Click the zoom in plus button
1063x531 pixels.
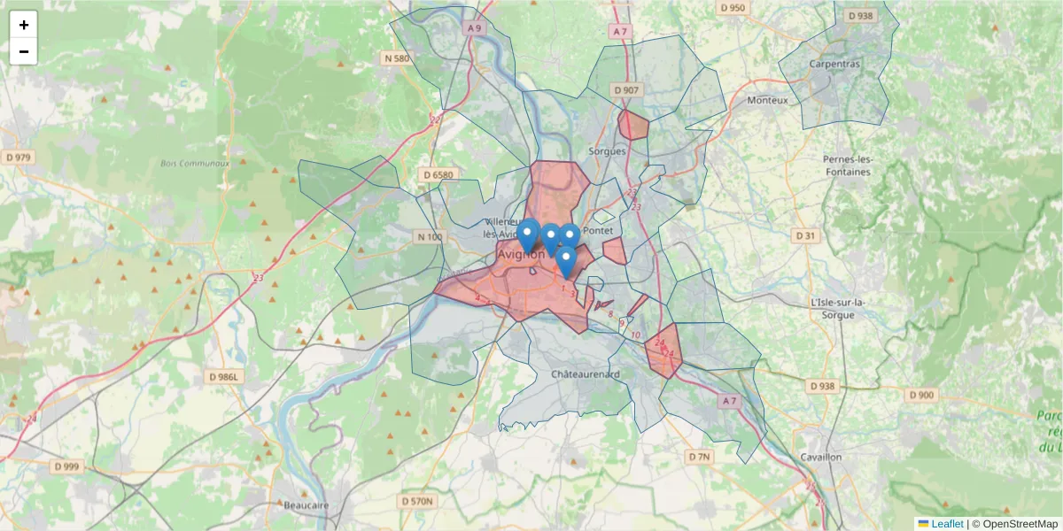pos(24,25)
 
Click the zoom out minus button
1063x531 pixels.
pos(24,51)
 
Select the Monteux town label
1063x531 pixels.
pos(767,100)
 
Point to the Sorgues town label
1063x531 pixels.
pos(607,151)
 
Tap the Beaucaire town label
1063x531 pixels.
pos(306,505)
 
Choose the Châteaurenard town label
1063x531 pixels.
pos(586,374)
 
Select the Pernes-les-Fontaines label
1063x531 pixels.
pos(848,165)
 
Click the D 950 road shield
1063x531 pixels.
pos(733,8)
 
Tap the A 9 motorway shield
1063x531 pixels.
pos(476,28)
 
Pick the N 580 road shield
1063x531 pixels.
pos(398,58)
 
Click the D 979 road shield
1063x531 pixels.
pos(18,158)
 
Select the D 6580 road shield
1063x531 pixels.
pos(438,174)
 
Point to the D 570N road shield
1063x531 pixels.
pos(417,502)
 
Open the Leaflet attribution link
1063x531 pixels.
pos(946,524)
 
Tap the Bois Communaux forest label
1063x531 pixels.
pos(195,164)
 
